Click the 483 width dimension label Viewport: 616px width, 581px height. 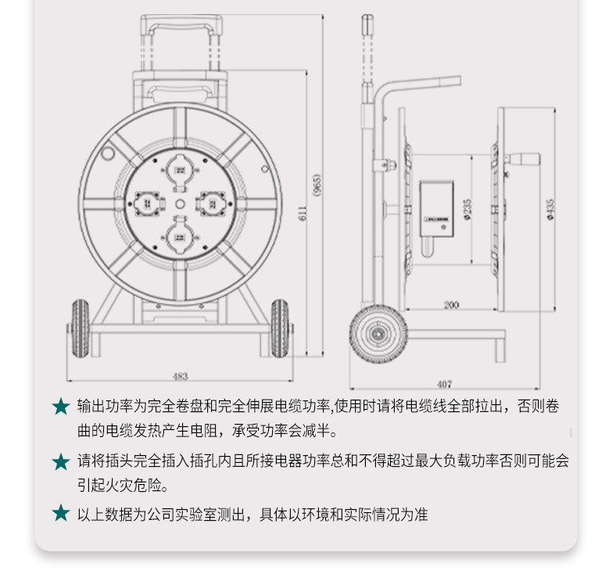click(181, 376)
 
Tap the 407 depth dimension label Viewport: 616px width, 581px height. click(444, 384)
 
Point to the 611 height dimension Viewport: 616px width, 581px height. click(303, 213)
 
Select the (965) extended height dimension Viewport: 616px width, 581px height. click(317, 185)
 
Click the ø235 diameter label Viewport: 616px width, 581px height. click(467, 209)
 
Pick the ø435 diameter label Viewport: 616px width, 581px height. click(551, 209)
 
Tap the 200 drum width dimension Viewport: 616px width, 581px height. click(451, 305)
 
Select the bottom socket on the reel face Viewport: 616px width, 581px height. click(180, 236)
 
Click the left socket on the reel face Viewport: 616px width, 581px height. click(147, 203)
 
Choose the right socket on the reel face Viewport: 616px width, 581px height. click(212, 203)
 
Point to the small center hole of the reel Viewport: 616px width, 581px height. click(180, 204)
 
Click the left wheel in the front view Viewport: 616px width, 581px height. click(81, 328)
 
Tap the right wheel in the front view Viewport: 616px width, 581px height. click(280, 328)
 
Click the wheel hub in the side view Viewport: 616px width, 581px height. click(378, 334)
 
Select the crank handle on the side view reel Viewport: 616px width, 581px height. click(522, 160)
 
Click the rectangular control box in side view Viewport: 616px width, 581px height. click(436, 209)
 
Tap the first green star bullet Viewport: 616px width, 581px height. click(61, 406)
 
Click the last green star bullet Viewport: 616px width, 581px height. click(61, 513)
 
